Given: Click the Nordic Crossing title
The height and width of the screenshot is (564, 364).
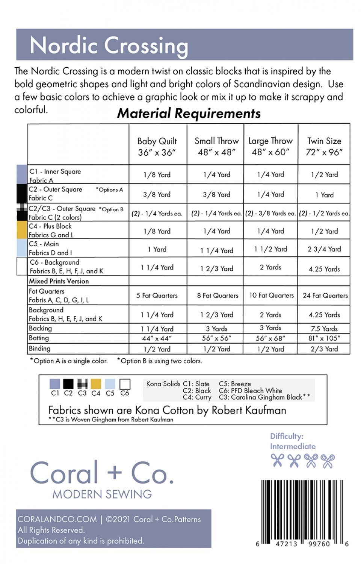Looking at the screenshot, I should [x=109, y=45].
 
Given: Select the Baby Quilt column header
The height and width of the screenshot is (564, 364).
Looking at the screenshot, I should [x=157, y=146].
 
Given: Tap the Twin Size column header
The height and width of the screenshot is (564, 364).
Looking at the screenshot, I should [x=324, y=146].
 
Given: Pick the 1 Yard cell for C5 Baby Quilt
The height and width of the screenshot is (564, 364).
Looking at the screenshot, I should [x=157, y=249].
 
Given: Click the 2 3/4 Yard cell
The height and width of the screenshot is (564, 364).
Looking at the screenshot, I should [x=324, y=249].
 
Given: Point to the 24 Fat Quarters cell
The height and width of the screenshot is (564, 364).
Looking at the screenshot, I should [x=325, y=296].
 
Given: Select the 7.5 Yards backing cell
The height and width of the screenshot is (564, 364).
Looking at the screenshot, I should [x=325, y=329].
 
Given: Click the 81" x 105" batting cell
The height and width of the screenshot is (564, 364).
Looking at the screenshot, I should [x=324, y=338].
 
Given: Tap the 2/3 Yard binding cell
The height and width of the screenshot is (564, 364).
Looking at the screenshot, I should [x=324, y=349].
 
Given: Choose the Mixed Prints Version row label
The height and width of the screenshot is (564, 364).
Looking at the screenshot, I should [x=59, y=281].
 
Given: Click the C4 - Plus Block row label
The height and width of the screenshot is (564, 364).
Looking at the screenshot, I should [x=50, y=226].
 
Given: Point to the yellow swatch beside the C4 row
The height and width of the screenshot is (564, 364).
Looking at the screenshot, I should [x=22, y=230].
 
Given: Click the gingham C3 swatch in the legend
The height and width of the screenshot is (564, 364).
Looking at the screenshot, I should [x=82, y=384].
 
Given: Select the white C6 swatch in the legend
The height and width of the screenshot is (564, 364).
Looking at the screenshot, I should [x=125, y=384].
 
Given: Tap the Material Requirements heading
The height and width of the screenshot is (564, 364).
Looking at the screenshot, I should [x=189, y=113].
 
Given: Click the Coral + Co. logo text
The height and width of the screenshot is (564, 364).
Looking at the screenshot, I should [x=102, y=473].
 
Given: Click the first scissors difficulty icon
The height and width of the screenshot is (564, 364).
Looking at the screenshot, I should [x=277, y=460].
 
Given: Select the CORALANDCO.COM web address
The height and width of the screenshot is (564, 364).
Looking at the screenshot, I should [x=57, y=519].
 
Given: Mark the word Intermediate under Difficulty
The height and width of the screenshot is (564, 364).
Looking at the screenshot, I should [x=293, y=446].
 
